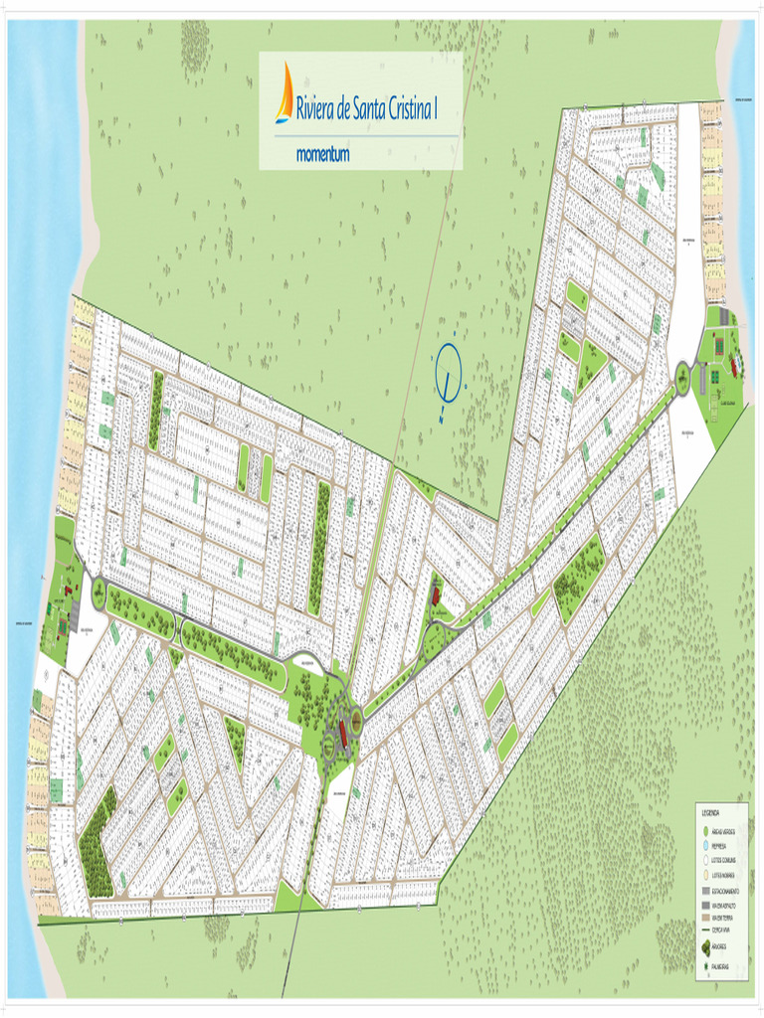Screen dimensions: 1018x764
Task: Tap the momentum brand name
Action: (322, 155)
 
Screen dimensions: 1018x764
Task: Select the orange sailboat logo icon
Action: (286, 93)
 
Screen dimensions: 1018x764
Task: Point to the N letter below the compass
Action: (441, 419)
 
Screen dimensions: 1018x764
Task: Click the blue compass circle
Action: (449, 372)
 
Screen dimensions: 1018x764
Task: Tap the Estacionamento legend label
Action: (726, 892)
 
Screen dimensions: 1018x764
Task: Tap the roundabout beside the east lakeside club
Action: (682, 378)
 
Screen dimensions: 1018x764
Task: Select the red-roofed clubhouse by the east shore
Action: (735, 366)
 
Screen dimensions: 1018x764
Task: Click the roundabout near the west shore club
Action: (98, 594)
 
